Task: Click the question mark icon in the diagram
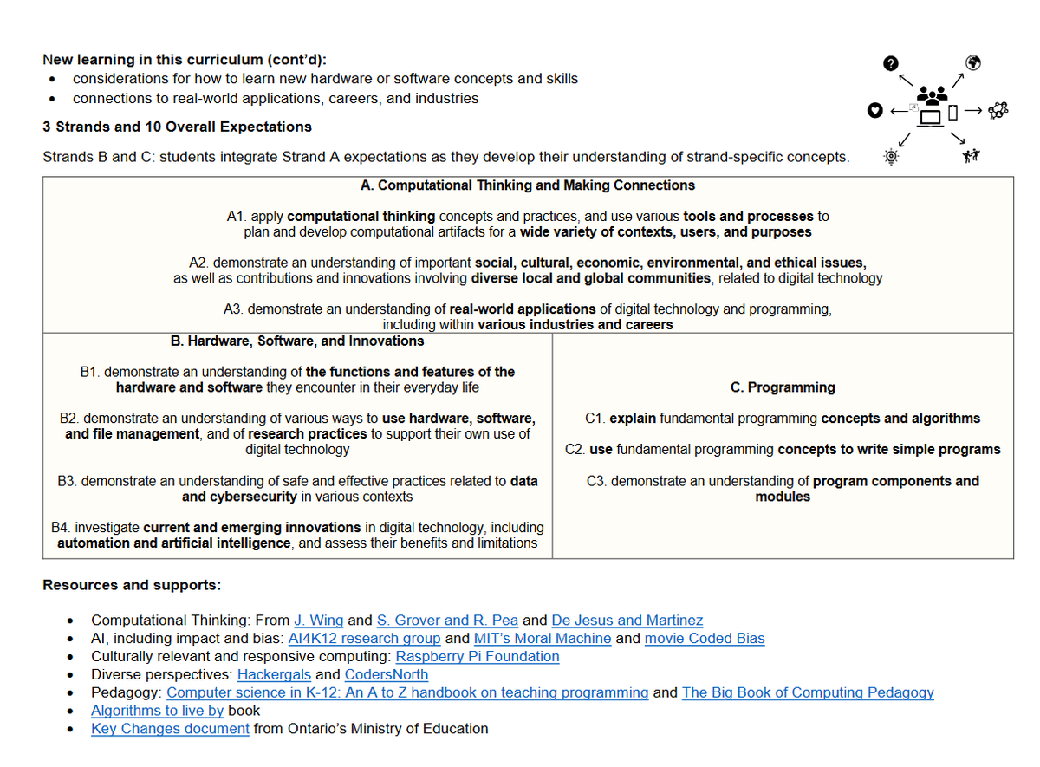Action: click(889, 63)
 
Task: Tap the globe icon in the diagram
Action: click(972, 62)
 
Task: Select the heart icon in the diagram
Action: click(875, 110)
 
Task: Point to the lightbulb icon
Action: click(889, 157)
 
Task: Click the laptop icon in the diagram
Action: click(931, 116)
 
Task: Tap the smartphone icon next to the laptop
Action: click(952, 113)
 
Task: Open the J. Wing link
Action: click(318, 621)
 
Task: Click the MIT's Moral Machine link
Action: click(543, 639)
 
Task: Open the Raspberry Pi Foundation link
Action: click(477, 657)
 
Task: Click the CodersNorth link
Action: click(386, 675)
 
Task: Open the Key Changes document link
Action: click(170, 729)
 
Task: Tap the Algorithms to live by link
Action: click(157, 711)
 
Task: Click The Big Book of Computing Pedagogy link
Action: click(808, 692)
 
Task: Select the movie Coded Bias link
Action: click(705, 639)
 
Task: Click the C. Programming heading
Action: click(783, 387)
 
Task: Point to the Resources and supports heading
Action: click(132, 585)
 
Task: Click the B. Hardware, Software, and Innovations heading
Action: click(297, 341)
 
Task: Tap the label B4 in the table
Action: click(61, 527)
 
